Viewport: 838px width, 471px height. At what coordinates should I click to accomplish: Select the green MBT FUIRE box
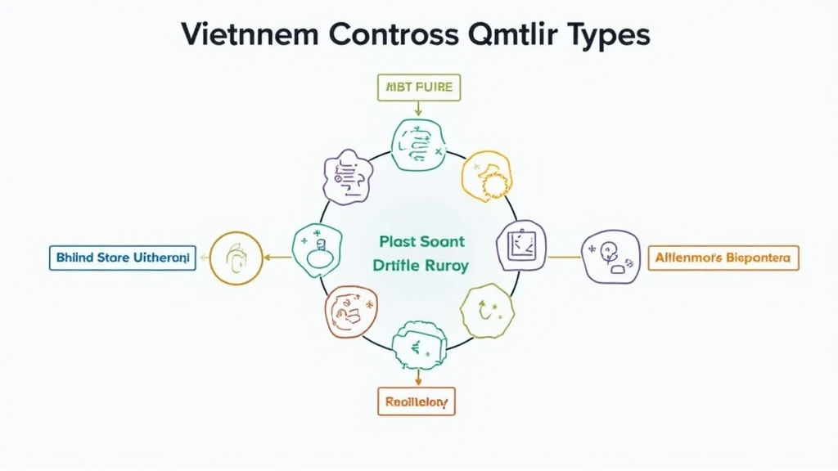420,87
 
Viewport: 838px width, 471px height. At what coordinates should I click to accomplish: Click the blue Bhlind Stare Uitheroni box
122,258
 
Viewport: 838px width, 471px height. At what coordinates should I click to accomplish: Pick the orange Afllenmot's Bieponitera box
723,258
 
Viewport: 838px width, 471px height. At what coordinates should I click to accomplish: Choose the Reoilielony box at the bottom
417,401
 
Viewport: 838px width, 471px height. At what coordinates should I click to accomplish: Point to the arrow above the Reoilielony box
418,376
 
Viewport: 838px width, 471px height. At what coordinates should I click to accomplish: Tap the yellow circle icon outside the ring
236,258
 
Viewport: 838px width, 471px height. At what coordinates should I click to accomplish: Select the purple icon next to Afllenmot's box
611,257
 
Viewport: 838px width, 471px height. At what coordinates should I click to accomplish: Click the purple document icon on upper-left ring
349,176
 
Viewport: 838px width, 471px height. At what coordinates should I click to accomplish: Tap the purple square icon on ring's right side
521,244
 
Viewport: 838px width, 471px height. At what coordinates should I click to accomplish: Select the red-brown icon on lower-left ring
351,311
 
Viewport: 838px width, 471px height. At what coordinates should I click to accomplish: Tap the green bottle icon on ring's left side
317,249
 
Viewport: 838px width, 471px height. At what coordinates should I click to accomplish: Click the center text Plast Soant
421,241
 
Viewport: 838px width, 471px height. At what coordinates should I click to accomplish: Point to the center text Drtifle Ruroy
421,266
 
